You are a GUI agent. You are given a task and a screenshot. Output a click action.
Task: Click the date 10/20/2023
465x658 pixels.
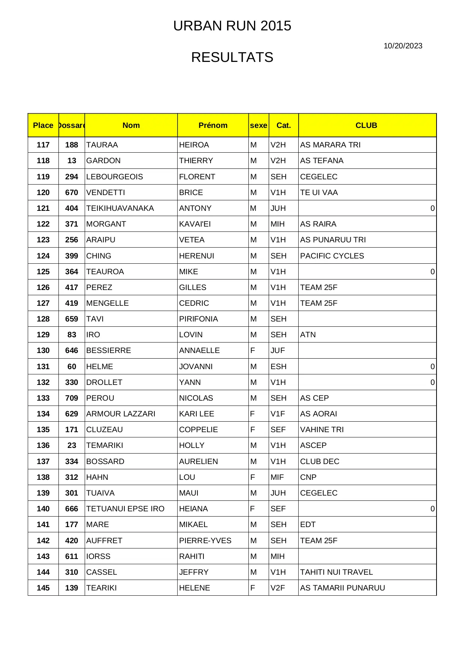(x=402, y=46)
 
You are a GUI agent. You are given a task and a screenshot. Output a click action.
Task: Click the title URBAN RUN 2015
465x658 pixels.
(x=232, y=26)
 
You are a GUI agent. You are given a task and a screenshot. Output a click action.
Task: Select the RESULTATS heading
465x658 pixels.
(x=232, y=57)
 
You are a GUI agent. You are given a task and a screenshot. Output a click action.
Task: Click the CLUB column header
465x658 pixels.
(x=366, y=125)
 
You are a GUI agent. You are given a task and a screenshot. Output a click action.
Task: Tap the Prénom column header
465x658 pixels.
(x=213, y=125)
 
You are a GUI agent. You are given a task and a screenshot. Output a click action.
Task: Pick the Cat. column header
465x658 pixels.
(x=284, y=125)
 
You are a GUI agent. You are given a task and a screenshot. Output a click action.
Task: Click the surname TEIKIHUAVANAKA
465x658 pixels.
(x=120, y=208)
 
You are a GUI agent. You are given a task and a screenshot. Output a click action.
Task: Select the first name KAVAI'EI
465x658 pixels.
(x=195, y=224)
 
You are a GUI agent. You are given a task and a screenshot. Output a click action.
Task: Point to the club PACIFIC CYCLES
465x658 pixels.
(x=332, y=256)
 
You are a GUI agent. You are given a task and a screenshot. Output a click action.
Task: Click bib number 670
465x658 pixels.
(x=72, y=192)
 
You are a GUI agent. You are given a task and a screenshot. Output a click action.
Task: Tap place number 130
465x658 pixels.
(x=43, y=350)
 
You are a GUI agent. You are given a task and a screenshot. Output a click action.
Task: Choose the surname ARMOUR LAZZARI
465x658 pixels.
(x=121, y=414)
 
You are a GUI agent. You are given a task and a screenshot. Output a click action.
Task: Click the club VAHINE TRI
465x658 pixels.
(x=322, y=430)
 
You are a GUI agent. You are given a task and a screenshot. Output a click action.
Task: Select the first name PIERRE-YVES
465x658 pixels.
(x=205, y=541)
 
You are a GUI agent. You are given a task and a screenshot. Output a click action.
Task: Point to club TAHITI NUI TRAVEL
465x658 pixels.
(x=336, y=572)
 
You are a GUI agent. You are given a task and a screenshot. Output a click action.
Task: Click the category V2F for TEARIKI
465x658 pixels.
(x=278, y=588)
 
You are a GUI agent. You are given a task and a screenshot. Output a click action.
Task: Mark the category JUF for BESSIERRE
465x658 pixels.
(x=278, y=350)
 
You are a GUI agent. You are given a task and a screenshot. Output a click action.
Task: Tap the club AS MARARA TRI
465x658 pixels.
(x=330, y=145)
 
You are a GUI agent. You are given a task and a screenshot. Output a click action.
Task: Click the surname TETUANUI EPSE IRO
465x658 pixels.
(x=125, y=509)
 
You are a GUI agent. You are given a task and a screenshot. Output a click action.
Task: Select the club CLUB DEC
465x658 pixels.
(x=320, y=461)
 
